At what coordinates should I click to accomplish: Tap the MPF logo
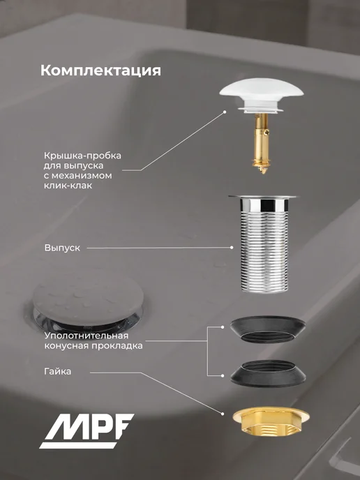(87, 430)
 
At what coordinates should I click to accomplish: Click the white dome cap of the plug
(262, 90)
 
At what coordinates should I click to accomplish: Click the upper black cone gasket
(267, 329)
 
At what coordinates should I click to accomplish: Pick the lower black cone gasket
(268, 373)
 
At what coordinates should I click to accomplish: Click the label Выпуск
(62, 248)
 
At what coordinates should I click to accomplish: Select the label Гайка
(57, 371)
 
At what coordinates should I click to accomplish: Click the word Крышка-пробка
(82, 156)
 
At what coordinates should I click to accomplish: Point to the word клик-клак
(68, 186)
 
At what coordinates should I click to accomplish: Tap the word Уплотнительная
(87, 336)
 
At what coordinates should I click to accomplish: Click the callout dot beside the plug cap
(225, 112)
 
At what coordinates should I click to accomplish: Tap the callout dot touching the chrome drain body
(232, 248)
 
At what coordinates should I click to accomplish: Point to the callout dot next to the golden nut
(223, 414)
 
